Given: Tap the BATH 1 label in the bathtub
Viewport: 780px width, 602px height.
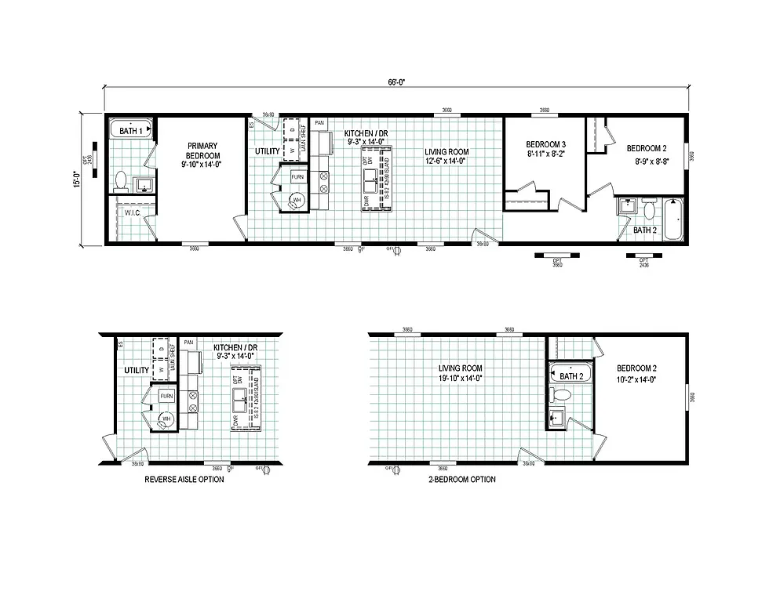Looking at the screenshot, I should click(131, 130).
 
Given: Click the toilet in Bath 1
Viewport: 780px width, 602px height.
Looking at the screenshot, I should click(121, 182).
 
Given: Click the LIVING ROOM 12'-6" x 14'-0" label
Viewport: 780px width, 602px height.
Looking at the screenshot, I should click(446, 157).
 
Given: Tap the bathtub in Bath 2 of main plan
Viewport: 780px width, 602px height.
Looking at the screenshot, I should click(673, 220).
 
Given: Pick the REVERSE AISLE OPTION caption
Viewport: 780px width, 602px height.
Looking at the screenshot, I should click(184, 479).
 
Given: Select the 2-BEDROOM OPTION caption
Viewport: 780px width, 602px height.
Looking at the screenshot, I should click(461, 479).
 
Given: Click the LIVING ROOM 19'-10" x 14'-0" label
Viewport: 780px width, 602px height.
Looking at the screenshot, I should click(460, 373).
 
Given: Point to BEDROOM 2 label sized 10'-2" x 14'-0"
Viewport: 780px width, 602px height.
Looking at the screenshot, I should click(636, 373).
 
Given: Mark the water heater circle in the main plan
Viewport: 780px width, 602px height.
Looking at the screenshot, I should click(297, 201).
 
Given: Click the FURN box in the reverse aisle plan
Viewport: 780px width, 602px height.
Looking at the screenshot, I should click(166, 397).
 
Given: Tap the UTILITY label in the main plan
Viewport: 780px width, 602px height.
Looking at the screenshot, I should click(267, 150).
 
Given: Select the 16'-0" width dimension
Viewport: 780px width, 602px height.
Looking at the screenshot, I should click(76, 179).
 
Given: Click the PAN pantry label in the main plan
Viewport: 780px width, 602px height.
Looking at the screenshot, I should click(319, 123).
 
